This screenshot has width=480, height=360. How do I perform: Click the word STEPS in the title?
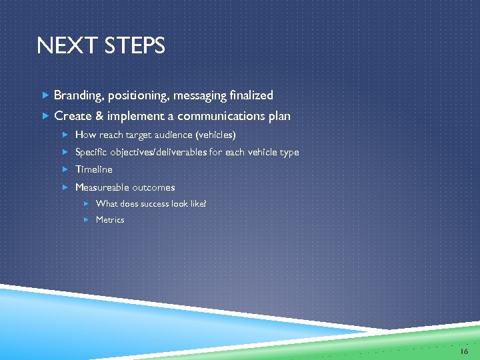(x=131, y=46)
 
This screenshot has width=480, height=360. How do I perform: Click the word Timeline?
(x=94, y=169)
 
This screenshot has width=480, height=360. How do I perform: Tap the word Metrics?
(x=110, y=219)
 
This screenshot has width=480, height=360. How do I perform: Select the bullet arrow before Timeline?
(x=66, y=169)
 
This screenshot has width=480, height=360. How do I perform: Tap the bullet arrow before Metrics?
(x=87, y=219)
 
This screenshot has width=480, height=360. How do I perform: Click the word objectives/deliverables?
(x=161, y=152)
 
